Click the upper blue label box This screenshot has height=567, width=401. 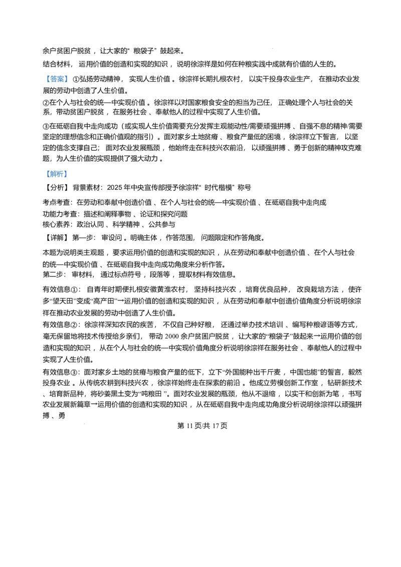pos(56,79)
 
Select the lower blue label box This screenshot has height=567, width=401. pos(56,174)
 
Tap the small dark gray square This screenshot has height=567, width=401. pos(273,48)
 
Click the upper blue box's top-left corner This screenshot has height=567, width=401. pos(45,73)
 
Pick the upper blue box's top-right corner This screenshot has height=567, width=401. pos(68,73)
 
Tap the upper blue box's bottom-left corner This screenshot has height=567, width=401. pos(45,84)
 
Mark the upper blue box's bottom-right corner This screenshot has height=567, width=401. pos(68,84)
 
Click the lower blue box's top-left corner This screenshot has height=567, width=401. pos(45,169)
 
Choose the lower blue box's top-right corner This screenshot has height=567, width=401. pos(68,169)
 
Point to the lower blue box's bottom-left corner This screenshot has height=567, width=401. pos(45,179)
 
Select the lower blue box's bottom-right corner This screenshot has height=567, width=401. pos(68,179)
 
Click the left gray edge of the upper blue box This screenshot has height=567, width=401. pos(45,79)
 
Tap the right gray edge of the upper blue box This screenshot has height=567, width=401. pos(68,79)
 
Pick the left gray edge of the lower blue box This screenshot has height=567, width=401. pos(45,174)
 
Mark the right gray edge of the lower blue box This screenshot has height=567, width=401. pos(68,174)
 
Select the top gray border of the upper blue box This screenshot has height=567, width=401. pos(56,73)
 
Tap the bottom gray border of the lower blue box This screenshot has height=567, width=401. pos(56,179)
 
